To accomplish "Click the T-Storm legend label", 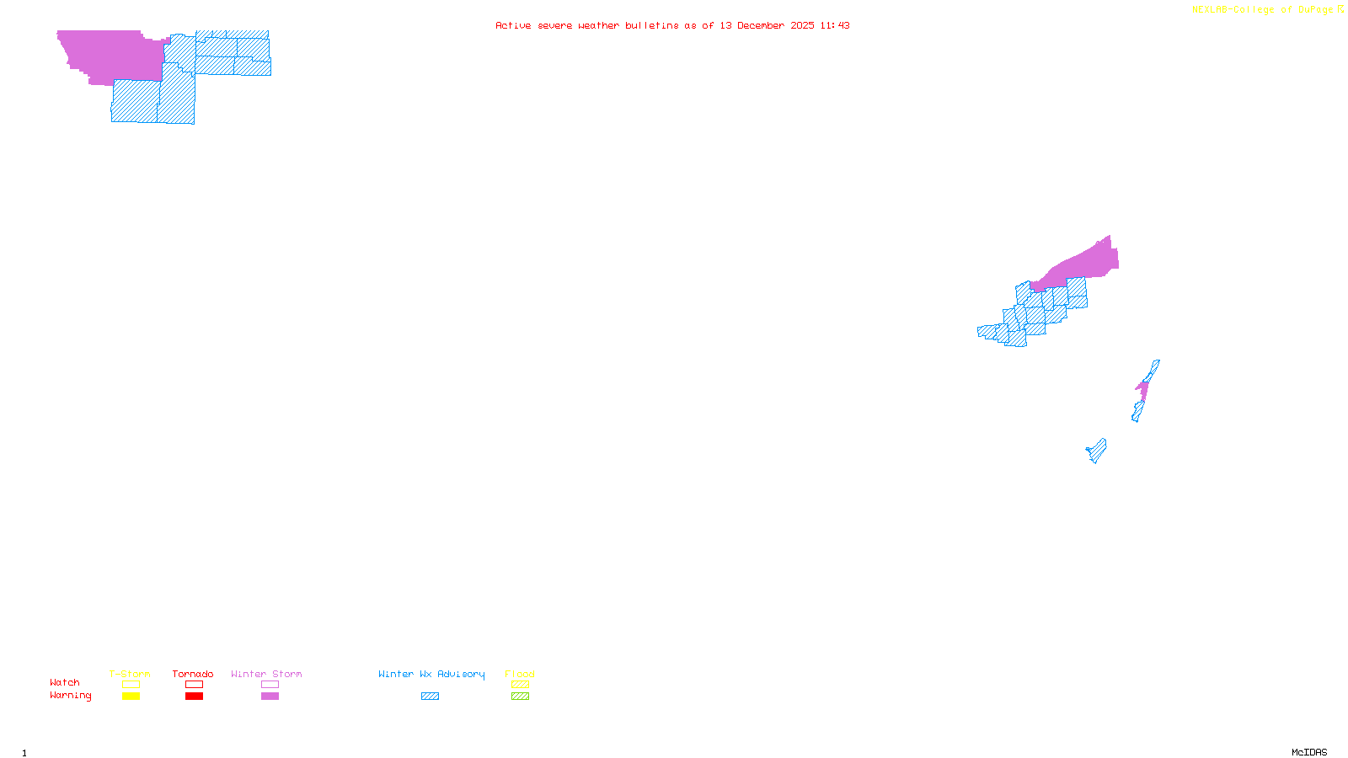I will pyautogui.click(x=130, y=674).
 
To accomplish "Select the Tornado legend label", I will pyautogui.click(x=193, y=674).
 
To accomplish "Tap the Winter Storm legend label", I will pyautogui.click(x=266, y=674).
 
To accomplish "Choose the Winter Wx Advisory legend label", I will pyautogui.click(x=431, y=674).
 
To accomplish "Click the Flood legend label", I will pyautogui.click(x=520, y=674).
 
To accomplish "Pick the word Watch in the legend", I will pyautogui.click(x=65, y=682).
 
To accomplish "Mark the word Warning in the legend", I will pyautogui.click(x=71, y=696).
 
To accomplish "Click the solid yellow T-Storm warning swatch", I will pyautogui.click(x=131, y=697).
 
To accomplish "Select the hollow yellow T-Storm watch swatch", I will pyautogui.click(x=131, y=685).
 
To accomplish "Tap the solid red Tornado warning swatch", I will pyautogui.click(x=194, y=697).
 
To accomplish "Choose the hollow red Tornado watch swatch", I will pyautogui.click(x=194, y=685).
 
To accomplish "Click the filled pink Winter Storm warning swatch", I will pyautogui.click(x=270, y=697).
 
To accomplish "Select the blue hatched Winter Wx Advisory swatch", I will pyautogui.click(x=430, y=697).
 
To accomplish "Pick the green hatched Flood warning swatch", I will pyautogui.click(x=520, y=697).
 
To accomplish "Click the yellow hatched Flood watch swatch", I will pyautogui.click(x=520, y=685).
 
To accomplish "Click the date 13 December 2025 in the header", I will pyautogui.click(x=767, y=25).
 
